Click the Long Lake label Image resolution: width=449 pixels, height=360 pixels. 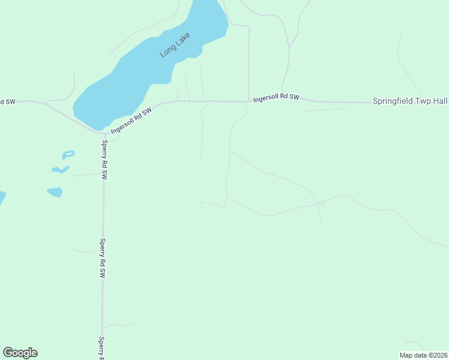point(175,45)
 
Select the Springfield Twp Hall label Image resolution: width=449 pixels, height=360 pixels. point(410,101)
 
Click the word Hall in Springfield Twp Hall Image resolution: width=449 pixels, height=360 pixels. point(439,101)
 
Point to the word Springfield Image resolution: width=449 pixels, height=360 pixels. point(394,101)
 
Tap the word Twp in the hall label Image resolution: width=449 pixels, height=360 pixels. point(423,101)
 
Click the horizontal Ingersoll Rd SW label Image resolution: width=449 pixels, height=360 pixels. point(276,97)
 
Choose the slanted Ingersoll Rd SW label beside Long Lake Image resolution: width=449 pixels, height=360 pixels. point(132,119)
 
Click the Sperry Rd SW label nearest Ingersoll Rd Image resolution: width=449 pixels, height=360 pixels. point(104,160)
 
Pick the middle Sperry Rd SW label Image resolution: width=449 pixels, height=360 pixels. point(103,258)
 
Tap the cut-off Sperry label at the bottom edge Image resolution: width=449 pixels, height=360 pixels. point(101,347)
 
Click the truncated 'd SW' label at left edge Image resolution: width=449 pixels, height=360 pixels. point(7,102)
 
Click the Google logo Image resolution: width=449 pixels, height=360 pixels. point(20,353)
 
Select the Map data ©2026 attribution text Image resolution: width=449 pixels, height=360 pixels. point(423,355)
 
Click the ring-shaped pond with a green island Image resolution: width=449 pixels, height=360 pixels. point(68,154)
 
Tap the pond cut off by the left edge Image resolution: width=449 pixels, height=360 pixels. point(2,197)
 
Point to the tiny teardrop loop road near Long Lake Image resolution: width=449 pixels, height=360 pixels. point(177,94)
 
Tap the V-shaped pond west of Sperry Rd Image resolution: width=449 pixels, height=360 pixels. point(61,170)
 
